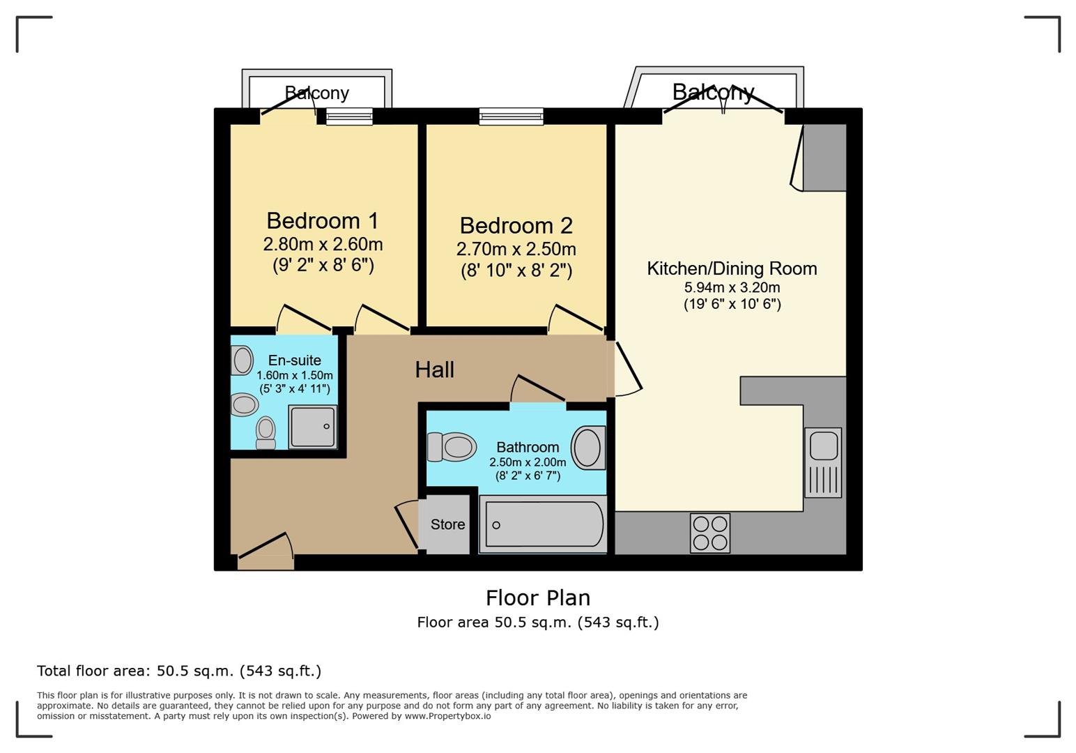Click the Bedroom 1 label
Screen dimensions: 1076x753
(x=323, y=221)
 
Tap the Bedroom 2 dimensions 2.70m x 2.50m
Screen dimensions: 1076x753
(x=516, y=249)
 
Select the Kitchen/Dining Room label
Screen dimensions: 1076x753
(x=732, y=268)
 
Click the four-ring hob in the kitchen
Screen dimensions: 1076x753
(x=710, y=533)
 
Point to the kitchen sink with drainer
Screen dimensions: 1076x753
(x=823, y=462)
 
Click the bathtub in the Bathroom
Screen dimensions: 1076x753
(x=544, y=524)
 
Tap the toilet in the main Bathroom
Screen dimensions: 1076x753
(x=451, y=447)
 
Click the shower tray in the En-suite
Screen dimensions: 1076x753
(x=312, y=427)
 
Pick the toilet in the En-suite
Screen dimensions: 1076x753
(x=266, y=432)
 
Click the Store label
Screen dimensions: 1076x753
(x=447, y=524)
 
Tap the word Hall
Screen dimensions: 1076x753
(x=435, y=370)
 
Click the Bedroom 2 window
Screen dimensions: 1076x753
(x=512, y=116)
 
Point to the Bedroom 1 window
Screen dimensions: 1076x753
(x=349, y=116)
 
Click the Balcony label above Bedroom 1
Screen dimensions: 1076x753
(x=316, y=93)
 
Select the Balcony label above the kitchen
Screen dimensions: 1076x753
(x=714, y=92)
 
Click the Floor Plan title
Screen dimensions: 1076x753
(x=538, y=598)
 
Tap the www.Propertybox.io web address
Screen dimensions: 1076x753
(x=447, y=716)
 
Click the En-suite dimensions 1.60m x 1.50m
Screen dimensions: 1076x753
(x=295, y=375)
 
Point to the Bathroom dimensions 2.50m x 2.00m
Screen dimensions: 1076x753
(x=528, y=462)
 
